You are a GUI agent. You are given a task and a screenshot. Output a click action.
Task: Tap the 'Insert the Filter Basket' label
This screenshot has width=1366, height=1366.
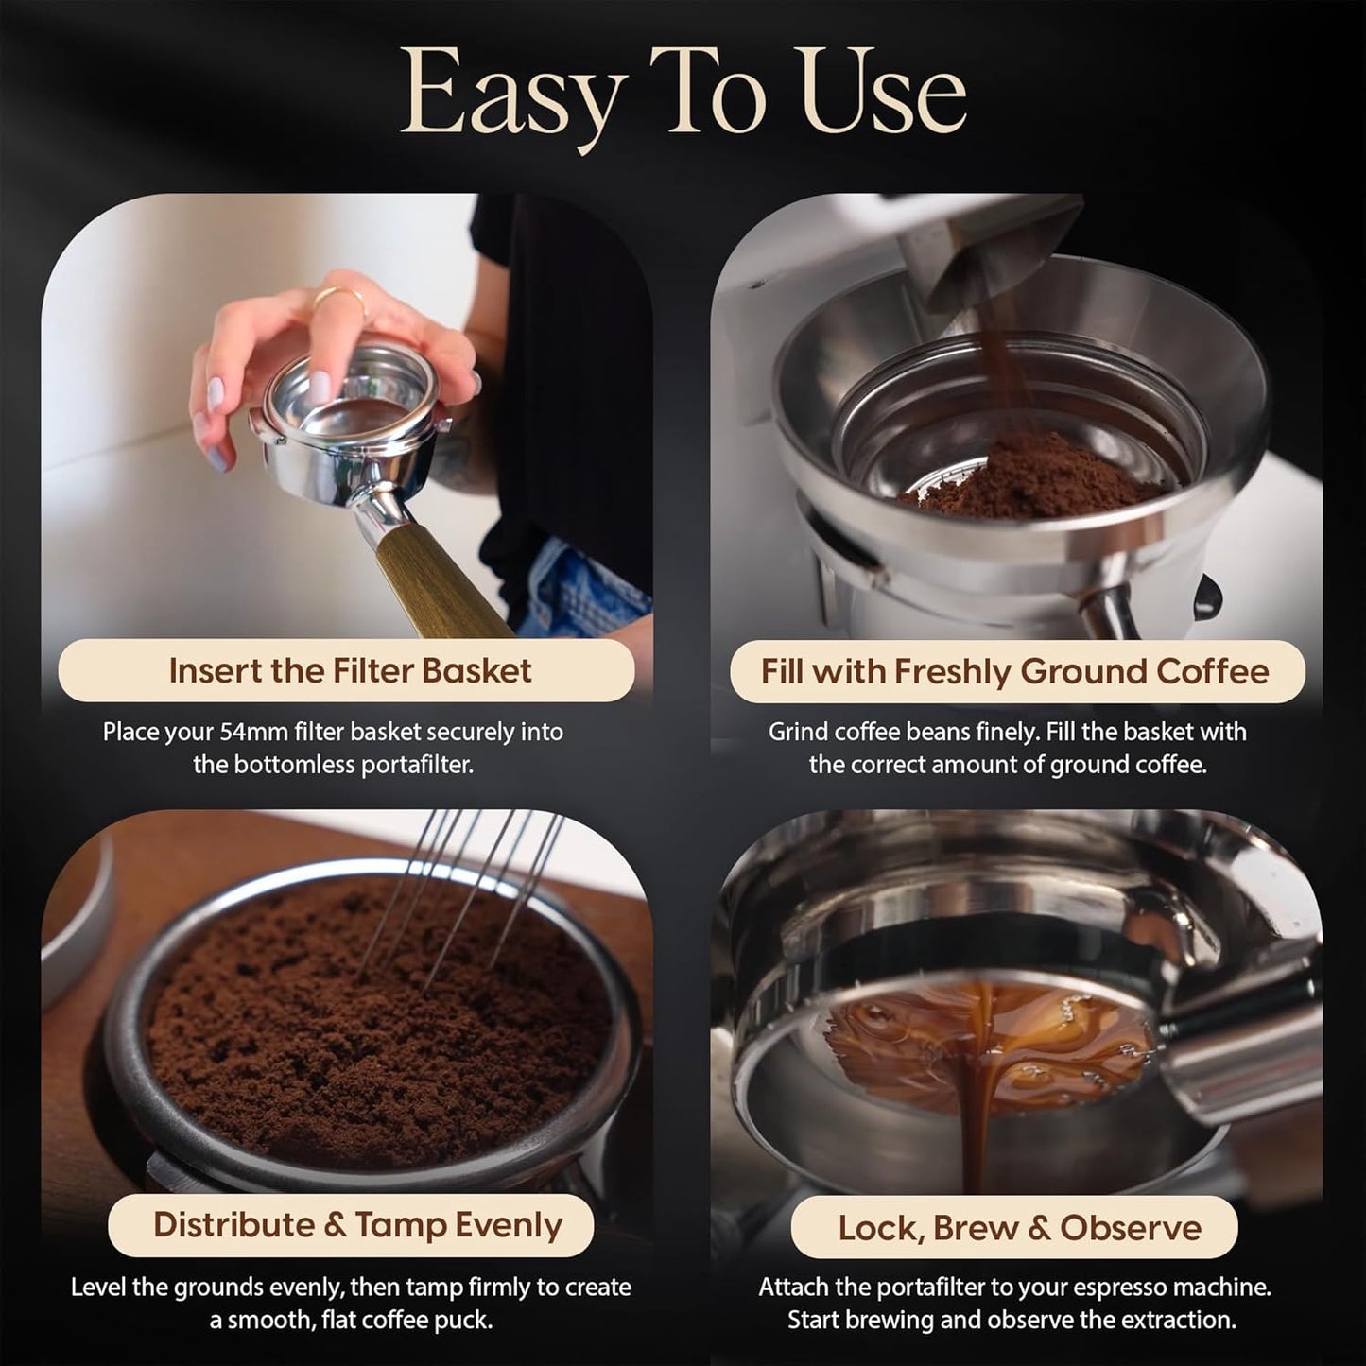tap(350, 670)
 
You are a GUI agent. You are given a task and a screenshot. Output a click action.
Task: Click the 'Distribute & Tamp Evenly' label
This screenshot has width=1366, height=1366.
tap(357, 1224)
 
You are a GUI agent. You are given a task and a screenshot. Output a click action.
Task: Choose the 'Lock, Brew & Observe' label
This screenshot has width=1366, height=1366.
tap(1019, 1227)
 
